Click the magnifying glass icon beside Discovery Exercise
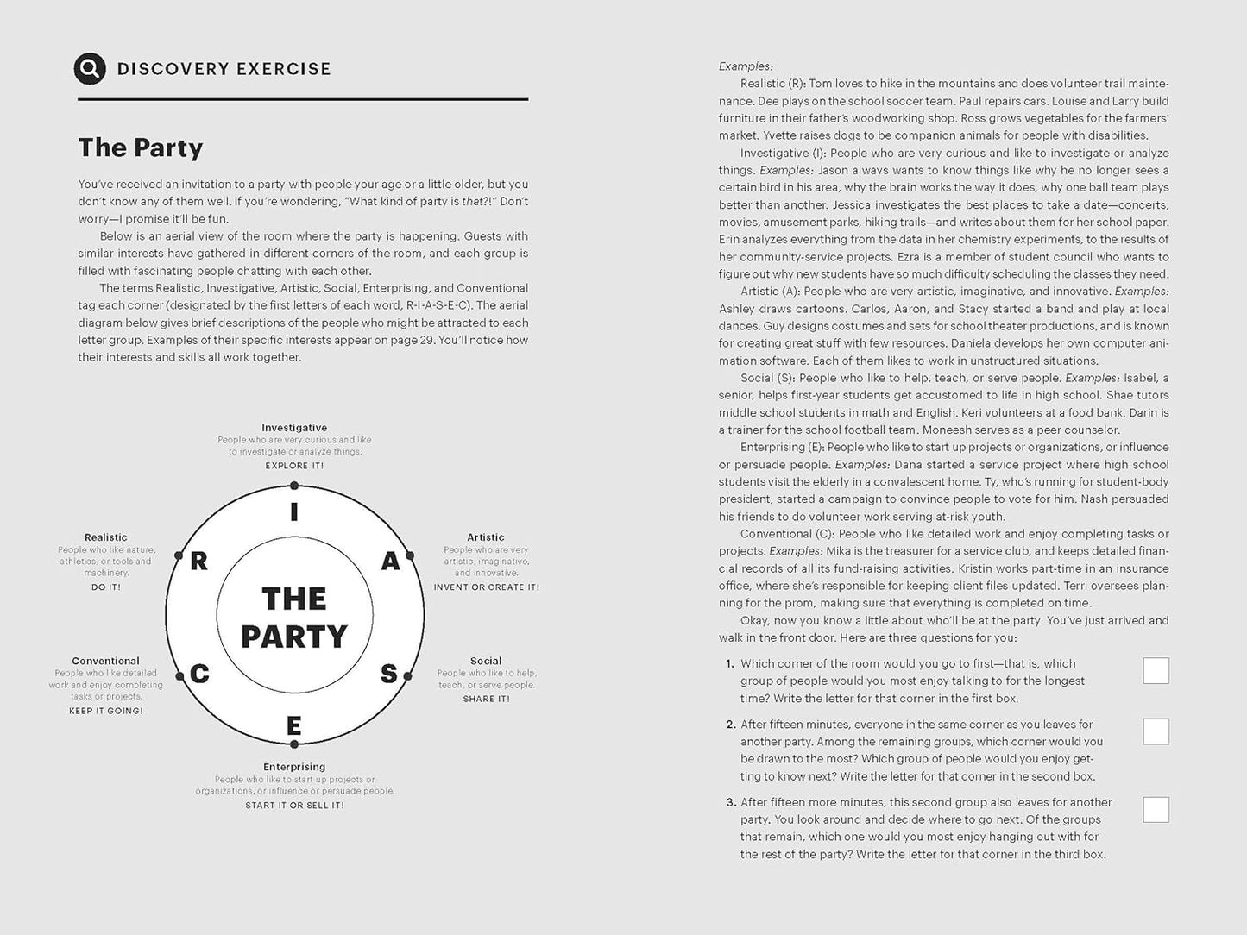pyautogui.click(x=90, y=68)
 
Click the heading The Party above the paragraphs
pyautogui.click(x=141, y=147)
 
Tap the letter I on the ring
pyautogui.click(x=294, y=512)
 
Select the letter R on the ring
pyautogui.click(x=198, y=562)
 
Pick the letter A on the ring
pyautogui.click(x=390, y=562)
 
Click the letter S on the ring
pyautogui.click(x=389, y=674)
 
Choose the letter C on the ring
pyautogui.click(x=199, y=674)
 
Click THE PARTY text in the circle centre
pyautogui.click(x=294, y=618)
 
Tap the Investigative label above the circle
pyautogui.click(x=294, y=428)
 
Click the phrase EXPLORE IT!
pyautogui.click(x=294, y=466)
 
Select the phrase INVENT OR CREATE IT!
pyautogui.click(x=486, y=587)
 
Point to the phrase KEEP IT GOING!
pyautogui.click(x=106, y=712)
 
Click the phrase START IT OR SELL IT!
pyautogui.click(x=294, y=806)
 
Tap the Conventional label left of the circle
pyautogui.click(x=105, y=662)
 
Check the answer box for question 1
pyautogui.click(x=1156, y=671)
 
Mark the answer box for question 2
pyautogui.click(x=1156, y=731)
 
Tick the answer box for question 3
pyautogui.click(x=1156, y=809)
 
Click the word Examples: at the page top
pyautogui.click(x=746, y=66)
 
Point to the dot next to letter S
pyautogui.click(x=411, y=675)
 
